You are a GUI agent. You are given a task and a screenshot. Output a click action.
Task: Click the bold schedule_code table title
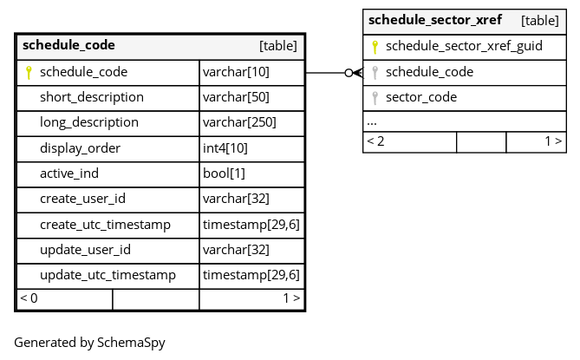click(x=68, y=45)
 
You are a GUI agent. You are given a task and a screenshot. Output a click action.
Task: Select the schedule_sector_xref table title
click(x=435, y=20)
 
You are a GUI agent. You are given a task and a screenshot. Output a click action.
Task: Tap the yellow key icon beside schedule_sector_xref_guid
click(x=375, y=47)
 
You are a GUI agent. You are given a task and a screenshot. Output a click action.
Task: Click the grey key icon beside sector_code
click(x=375, y=98)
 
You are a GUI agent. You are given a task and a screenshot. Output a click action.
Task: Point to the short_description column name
click(x=92, y=97)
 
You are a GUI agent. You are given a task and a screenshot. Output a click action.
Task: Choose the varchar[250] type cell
click(x=239, y=122)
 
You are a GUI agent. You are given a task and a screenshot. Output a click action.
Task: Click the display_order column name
click(x=81, y=148)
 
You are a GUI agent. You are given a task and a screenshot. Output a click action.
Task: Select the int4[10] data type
click(x=225, y=148)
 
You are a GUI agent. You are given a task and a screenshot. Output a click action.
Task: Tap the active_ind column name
click(x=69, y=173)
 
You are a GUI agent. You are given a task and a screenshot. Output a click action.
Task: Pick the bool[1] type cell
click(x=224, y=173)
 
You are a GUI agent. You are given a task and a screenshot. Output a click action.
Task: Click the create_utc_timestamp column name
click(x=105, y=225)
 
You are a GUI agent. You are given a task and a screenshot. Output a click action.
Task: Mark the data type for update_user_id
click(x=236, y=250)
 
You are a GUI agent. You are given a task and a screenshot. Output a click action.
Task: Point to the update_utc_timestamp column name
click(x=108, y=275)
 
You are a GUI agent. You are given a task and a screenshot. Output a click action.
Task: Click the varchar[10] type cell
click(x=236, y=72)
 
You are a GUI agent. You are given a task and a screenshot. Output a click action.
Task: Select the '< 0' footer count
click(x=29, y=298)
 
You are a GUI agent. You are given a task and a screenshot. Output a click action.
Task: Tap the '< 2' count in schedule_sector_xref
click(x=375, y=141)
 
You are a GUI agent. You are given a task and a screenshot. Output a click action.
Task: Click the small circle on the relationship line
click(x=349, y=73)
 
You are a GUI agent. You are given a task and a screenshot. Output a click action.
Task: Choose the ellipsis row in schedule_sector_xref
click(x=372, y=123)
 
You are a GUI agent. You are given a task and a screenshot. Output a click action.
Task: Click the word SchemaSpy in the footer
click(x=131, y=343)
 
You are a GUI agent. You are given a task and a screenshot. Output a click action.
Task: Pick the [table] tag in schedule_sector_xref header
click(x=539, y=21)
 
